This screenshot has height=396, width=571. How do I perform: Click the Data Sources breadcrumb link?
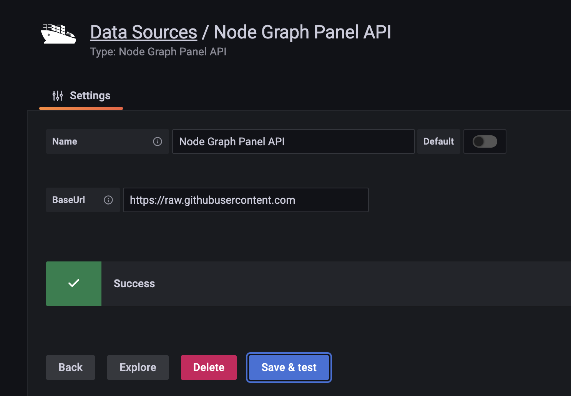coord(143,32)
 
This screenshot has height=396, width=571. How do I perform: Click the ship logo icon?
coord(58,34)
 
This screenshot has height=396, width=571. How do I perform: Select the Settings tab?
coord(81,96)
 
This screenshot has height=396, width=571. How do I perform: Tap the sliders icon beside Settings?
coord(58,96)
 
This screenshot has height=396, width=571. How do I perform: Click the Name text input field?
coord(293,141)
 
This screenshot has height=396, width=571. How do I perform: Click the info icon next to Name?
coord(158,141)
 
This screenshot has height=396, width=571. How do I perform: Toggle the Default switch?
coord(485,141)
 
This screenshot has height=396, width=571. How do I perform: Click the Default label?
coord(438,141)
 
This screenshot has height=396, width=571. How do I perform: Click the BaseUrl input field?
coord(246,200)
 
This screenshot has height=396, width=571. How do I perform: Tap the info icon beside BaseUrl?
coord(108,200)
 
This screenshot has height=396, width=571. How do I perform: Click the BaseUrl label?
coord(69,200)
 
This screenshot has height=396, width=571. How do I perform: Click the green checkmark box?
coord(74,284)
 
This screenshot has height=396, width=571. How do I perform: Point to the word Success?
coord(134,284)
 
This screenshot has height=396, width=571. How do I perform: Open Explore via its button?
coord(138,368)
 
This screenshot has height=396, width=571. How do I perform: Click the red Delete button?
coord(209,368)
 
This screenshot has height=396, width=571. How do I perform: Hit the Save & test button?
coord(289,368)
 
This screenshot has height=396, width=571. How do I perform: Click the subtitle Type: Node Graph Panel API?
coord(158,52)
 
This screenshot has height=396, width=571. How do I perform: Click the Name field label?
coord(65,141)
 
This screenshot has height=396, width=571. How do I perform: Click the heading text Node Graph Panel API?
coord(302,32)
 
